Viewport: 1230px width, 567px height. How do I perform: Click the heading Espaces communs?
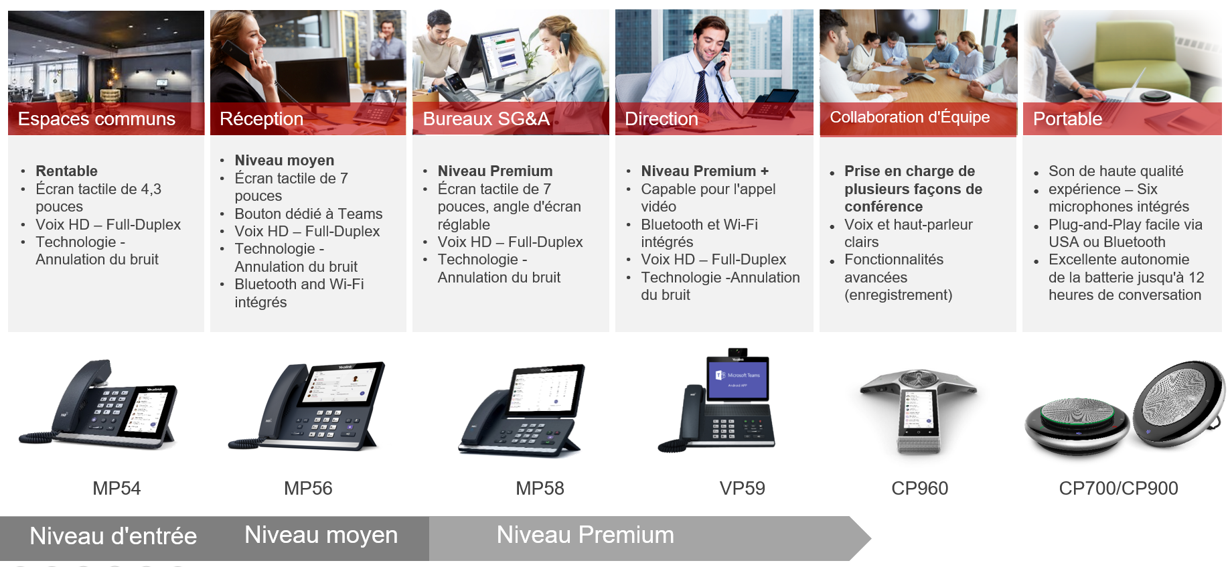[96, 119]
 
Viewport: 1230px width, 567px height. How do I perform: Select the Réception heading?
[262, 119]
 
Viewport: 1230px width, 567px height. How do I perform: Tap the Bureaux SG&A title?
[486, 119]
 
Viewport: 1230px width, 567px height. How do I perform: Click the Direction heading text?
[662, 119]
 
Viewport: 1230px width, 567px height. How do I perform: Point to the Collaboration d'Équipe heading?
[910, 117]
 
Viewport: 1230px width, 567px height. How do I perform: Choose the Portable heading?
[1067, 119]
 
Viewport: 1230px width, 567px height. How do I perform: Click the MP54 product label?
[117, 489]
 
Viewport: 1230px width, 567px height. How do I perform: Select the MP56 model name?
[308, 489]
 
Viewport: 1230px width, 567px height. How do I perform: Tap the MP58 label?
[540, 489]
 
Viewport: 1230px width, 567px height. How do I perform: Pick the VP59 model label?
[742, 489]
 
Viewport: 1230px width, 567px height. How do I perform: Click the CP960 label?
[919, 489]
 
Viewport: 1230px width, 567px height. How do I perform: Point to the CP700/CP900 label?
[1118, 489]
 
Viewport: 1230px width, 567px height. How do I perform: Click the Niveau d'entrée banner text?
[113, 536]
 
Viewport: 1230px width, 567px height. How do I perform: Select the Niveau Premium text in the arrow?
[585, 535]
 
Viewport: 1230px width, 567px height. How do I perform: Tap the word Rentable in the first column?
[66, 171]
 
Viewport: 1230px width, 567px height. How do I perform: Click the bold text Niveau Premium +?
[704, 171]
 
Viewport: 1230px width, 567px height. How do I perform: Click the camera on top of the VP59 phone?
[737, 352]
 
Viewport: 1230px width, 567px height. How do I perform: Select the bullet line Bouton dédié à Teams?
[309, 214]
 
